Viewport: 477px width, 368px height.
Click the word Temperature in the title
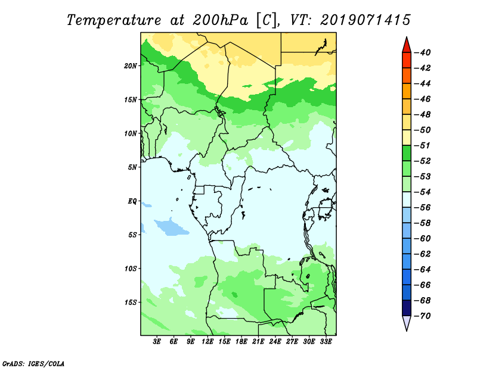(114, 20)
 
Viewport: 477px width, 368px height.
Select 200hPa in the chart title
(220, 20)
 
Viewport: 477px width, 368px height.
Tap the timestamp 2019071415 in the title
(365, 20)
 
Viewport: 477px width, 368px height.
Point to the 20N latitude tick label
(131, 66)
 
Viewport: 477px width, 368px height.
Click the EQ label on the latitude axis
(132, 201)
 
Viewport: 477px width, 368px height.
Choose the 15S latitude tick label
(131, 302)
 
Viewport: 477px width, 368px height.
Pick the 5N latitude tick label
(132, 167)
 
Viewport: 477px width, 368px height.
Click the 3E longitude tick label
(157, 341)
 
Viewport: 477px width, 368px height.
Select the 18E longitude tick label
(241, 341)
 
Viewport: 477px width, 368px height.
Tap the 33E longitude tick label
(326, 341)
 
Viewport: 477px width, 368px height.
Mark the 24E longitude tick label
(275, 341)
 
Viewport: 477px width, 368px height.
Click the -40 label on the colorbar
(423, 52)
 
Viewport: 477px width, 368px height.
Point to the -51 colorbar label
(423, 145)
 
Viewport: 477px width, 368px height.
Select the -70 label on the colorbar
(423, 316)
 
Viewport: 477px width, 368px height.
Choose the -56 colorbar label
(423, 208)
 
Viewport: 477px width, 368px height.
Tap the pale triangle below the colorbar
(407, 322)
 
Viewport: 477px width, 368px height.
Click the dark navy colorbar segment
(407, 308)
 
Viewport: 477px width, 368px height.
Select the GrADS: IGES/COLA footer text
(33, 364)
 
